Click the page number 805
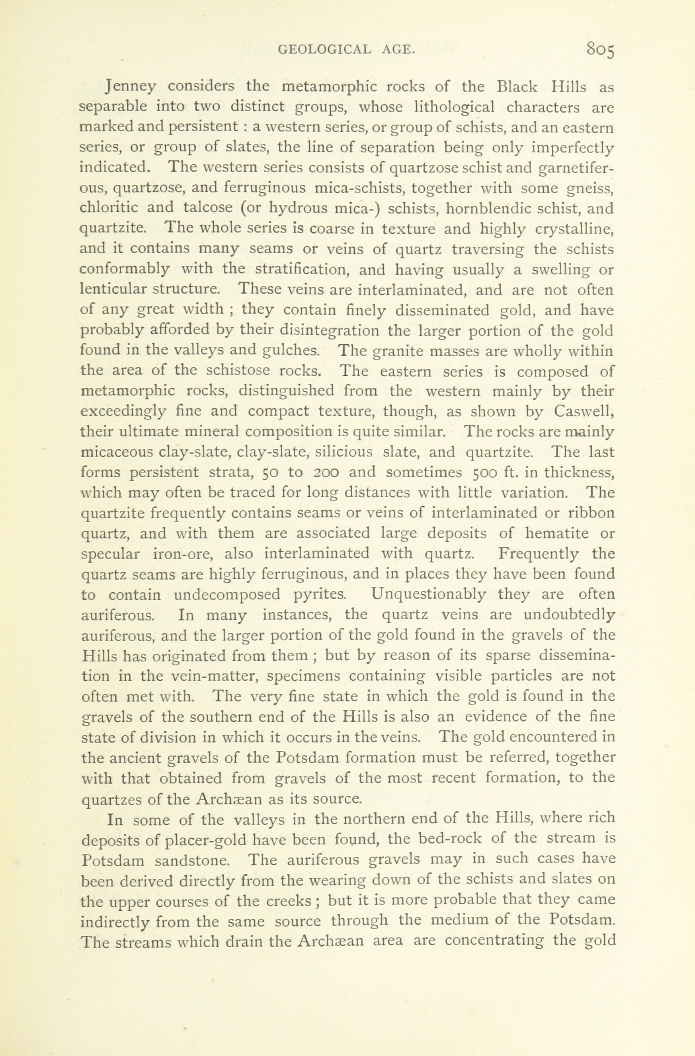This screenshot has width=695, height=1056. point(600,49)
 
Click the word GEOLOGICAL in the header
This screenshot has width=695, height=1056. point(324,50)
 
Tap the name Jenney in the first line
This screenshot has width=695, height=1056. point(131,86)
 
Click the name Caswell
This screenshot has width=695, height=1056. point(584,411)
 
